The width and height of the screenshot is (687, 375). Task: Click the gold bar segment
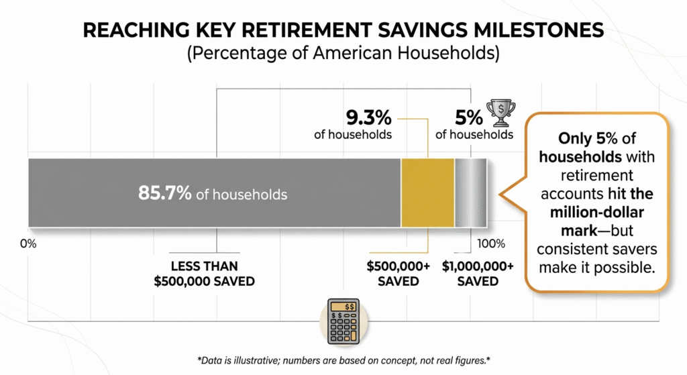click(x=427, y=193)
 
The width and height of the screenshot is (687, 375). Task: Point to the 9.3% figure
click(x=368, y=118)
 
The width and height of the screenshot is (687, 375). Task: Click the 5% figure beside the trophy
click(x=468, y=118)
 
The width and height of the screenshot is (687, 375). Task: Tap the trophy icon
click(x=501, y=113)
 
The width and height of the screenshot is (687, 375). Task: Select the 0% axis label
click(x=28, y=243)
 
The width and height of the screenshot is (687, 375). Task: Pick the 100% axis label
click(x=490, y=243)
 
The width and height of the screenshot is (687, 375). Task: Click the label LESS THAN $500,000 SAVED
click(x=204, y=274)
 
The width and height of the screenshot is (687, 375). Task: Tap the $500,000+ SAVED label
click(x=398, y=274)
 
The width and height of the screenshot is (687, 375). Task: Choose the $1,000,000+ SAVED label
click(x=478, y=274)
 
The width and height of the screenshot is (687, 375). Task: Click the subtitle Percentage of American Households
click(x=343, y=54)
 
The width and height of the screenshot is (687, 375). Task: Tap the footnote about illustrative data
click(x=343, y=359)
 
